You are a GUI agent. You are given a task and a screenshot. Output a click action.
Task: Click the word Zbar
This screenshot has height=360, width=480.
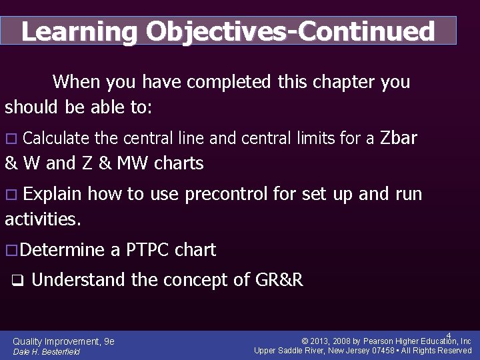[x=398, y=138]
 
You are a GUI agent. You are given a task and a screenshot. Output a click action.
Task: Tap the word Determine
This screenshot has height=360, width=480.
[x=63, y=250]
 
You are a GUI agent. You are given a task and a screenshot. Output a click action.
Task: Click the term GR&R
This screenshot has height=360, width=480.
[x=279, y=280]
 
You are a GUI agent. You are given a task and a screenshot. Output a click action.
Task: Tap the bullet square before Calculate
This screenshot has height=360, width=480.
[x=10, y=139]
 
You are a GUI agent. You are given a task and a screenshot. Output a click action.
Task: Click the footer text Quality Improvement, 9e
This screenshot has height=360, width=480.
[x=63, y=341]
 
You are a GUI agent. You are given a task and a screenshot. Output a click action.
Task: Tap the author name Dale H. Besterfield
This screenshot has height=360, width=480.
[x=46, y=352]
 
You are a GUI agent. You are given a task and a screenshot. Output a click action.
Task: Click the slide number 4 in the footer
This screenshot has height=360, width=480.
[x=449, y=335]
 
